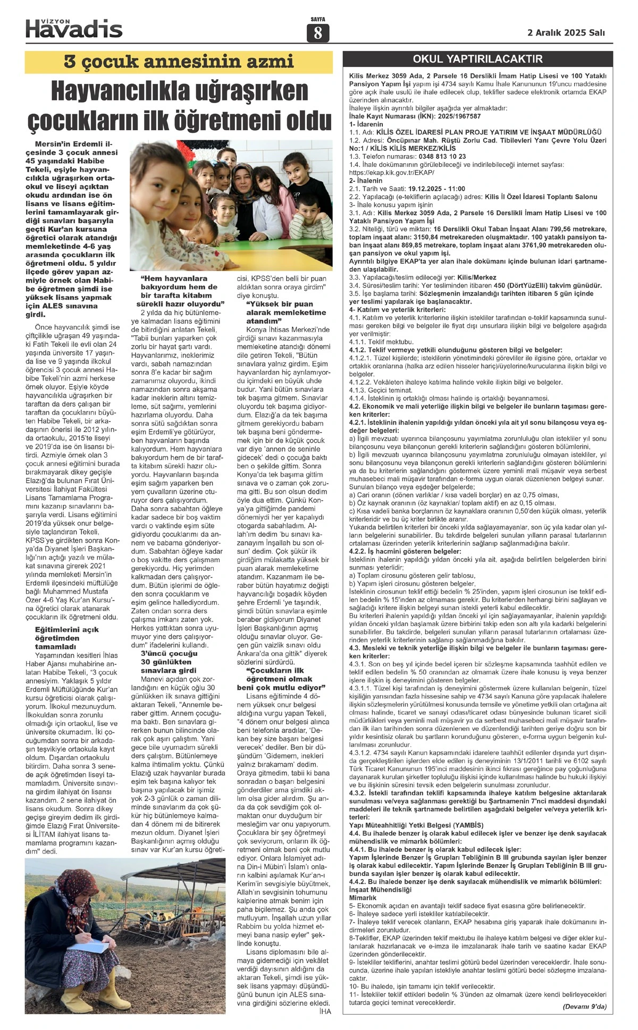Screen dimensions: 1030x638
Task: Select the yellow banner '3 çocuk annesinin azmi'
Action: tap(179, 62)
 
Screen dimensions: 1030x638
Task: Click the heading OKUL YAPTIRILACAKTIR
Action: tap(477, 59)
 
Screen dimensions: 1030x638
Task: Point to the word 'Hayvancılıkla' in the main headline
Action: tap(112, 92)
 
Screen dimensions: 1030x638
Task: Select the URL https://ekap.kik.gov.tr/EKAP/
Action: tap(392, 173)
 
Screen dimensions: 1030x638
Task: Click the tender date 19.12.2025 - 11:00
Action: tap(436, 189)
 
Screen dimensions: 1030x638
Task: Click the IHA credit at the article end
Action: tap(324, 1011)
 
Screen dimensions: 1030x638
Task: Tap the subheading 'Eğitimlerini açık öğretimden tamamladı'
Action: tap(66, 638)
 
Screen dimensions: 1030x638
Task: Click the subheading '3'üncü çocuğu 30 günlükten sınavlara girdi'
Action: tap(168, 662)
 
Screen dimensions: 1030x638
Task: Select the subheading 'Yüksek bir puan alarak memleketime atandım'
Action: tap(286, 313)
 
